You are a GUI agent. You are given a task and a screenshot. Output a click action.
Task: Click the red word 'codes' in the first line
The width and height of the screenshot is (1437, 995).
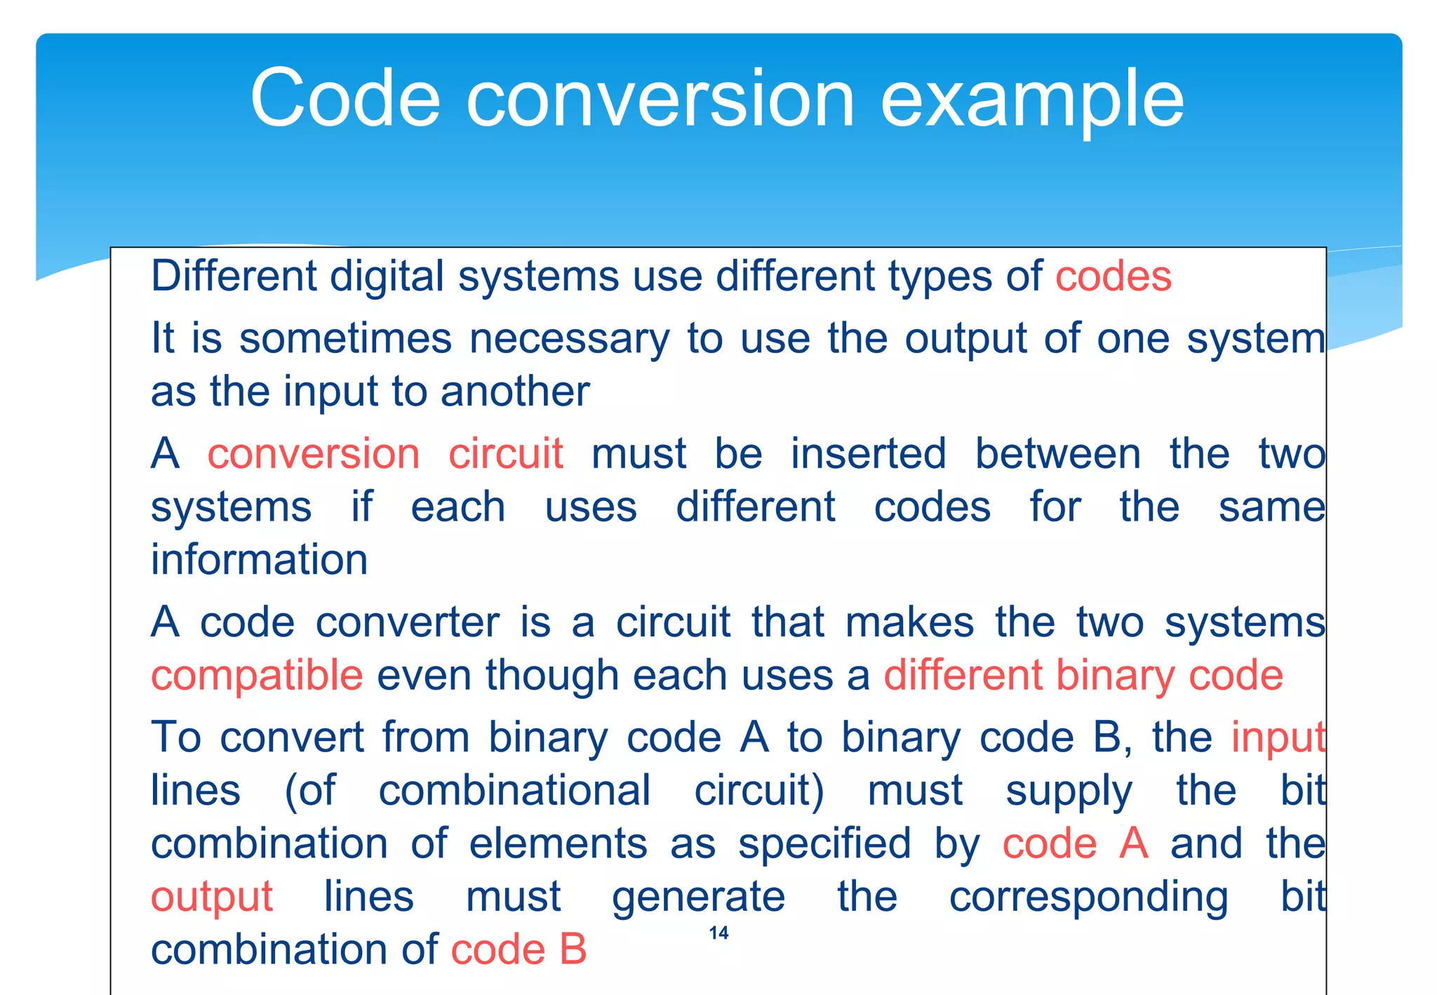click(x=1114, y=276)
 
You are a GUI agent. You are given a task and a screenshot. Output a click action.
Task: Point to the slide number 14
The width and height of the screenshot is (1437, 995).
click(x=718, y=933)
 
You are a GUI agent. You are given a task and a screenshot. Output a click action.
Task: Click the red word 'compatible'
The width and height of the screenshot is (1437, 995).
click(x=257, y=675)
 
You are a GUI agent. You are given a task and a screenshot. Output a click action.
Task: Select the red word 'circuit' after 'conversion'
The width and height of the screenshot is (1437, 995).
click(x=505, y=453)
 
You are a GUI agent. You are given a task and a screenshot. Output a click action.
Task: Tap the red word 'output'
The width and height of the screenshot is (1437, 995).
click(x=211, y=897)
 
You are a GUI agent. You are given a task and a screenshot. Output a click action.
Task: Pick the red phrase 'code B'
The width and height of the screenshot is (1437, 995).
click(x=518, y=950)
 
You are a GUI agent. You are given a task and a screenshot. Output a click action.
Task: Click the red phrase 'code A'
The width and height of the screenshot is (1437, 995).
click(x=1075, y=843)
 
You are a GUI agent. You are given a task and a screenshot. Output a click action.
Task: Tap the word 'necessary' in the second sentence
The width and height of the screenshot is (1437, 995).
click(x=569, y=340)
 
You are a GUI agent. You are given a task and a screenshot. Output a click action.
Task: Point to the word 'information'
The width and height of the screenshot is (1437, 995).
click(x=259, y=560)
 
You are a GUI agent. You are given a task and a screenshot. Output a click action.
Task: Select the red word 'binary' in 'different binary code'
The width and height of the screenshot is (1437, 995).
click(x=1114, y=676)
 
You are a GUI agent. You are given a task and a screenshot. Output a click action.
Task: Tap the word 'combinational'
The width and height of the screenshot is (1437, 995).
click(x=514, y=791)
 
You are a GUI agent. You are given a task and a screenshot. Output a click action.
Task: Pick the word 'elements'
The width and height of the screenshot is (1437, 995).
click(x=558, y=843)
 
